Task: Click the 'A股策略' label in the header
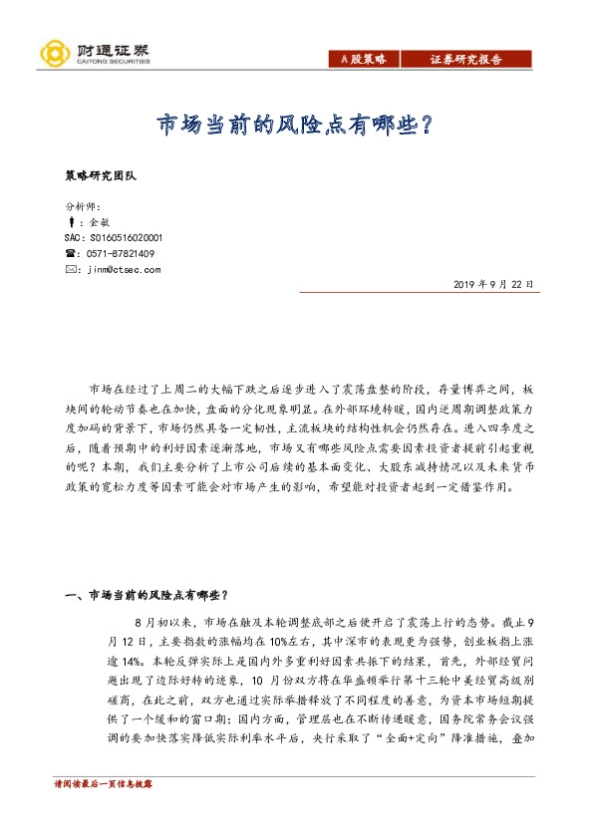[357, 60]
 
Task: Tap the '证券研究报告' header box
[465, 60]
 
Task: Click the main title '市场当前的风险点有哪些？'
[297, 125]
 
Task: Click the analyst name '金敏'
[99, 223]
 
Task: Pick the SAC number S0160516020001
[113, 238]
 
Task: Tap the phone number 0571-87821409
[121, 254]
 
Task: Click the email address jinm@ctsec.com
[124, 269]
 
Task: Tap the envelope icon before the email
[69, 269]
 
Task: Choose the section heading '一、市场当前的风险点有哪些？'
[144, 596]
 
